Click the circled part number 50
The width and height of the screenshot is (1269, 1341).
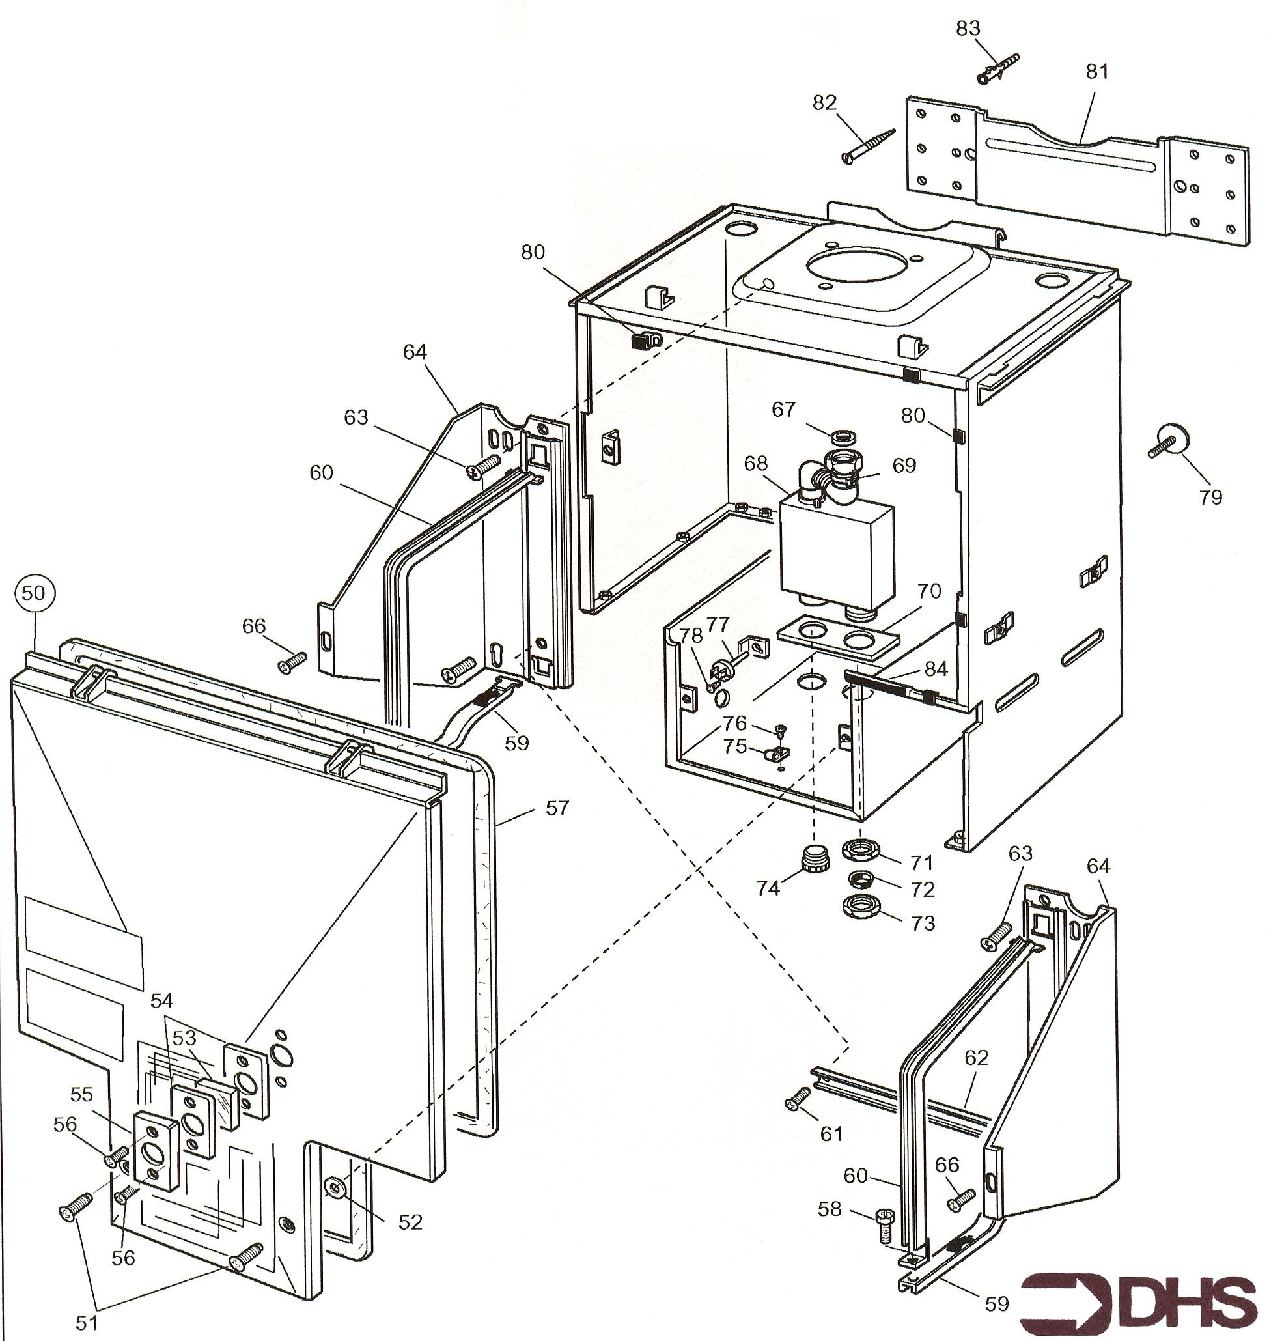click(33, 593)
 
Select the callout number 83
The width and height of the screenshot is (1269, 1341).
click(968, 29)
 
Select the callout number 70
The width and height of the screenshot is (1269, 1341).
click(929, 591)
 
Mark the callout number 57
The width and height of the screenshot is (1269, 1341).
click(557, 807)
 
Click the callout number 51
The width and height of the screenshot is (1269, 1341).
click(87, 1323)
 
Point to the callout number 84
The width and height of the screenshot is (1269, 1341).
click(936, 670)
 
